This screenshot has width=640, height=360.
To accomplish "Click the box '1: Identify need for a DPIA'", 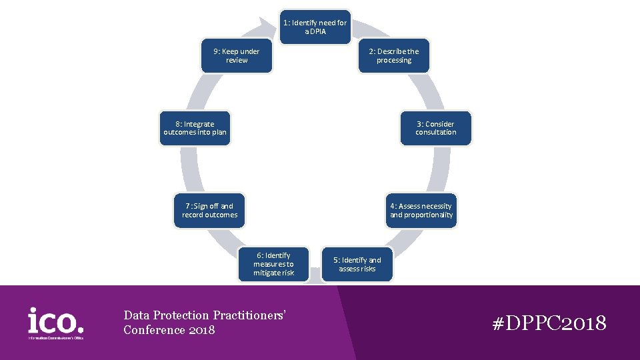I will point(315,27).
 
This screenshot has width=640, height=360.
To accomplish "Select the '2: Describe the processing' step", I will point(394,56).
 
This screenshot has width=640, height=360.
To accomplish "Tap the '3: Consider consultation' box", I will point(436,128).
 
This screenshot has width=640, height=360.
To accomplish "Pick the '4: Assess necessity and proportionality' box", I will point(421,211).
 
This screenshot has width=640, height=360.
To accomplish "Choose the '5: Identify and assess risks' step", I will point(357,265).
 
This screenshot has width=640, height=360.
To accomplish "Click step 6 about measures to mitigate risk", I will point(273,264).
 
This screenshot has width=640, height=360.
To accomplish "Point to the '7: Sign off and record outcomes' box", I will point(209,211).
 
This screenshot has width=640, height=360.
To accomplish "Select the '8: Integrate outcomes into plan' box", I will point(195,128).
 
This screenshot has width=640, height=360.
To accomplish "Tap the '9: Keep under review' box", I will point(237,56).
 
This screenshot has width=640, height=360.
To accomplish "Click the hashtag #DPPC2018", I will point(549,324).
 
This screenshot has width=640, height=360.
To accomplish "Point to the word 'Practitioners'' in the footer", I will point(250,315).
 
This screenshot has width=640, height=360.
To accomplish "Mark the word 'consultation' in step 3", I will point(436,132).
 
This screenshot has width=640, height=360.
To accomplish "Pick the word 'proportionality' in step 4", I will point(431,215).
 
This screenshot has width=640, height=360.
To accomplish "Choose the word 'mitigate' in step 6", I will point(266,273).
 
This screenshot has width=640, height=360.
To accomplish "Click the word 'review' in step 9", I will point(237,60).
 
